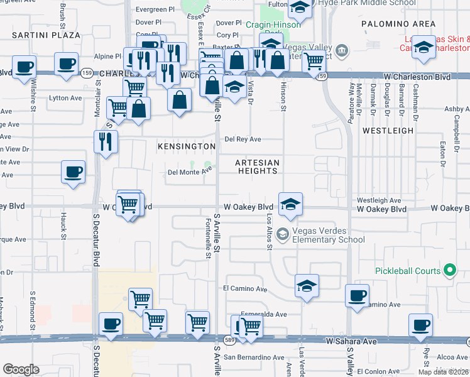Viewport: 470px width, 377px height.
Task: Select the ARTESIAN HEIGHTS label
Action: coord(256,166)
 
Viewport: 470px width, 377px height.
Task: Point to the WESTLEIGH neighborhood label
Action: coord(388,131)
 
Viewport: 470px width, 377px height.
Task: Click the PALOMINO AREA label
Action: coord(398,24)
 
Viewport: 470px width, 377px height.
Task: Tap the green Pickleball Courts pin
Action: coord(449,271)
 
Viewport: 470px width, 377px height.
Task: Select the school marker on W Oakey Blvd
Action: coord(290,204)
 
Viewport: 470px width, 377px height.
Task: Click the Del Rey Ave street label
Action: coord(243,139)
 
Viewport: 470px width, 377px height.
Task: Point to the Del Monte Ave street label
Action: coord(186,172)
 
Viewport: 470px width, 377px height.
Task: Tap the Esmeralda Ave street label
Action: coord(264,314)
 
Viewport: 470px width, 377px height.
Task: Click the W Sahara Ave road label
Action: coord(351,341)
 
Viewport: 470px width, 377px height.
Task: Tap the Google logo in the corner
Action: coord(21,369)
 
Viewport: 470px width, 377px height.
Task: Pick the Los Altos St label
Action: coord(270,232)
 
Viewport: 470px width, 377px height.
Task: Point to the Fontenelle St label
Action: coord(207,239)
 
